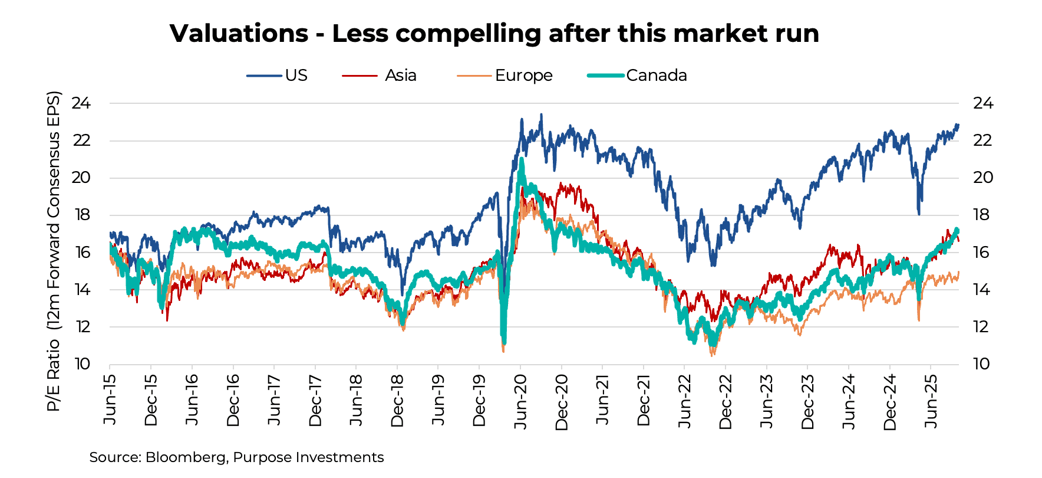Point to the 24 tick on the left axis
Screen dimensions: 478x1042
click(81, 103)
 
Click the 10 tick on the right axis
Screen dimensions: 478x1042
click(981, 364)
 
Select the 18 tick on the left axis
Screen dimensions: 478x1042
click(81, 215)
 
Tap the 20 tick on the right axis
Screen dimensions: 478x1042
click(982, 178)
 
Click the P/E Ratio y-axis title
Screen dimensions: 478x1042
click(54, 251)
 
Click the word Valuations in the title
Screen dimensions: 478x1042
click(239, 34)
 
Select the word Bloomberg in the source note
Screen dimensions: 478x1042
click(185, 457)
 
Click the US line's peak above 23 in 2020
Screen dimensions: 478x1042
click(541, 115)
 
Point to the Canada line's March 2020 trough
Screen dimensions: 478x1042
click(503, 341)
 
